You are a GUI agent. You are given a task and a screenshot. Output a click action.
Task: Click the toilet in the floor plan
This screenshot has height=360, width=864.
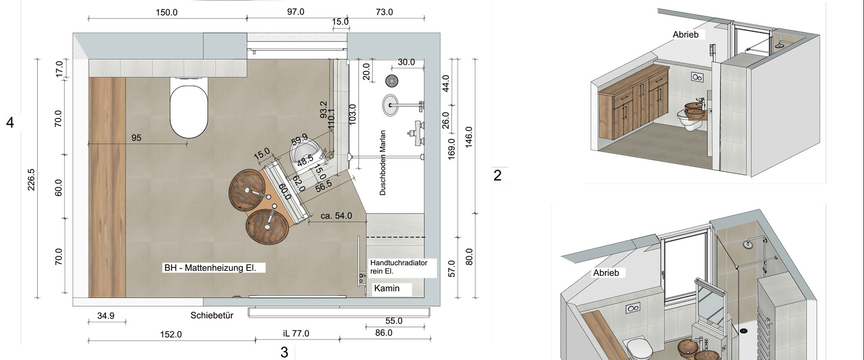(x=189, y=107)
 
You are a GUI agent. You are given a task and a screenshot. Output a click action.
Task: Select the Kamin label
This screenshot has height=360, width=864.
(x=387, y=288)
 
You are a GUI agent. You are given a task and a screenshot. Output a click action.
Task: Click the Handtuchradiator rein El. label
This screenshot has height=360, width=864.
(x=399, y=267)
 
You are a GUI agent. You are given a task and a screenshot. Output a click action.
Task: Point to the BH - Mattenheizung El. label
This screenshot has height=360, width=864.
(x=210, y=268)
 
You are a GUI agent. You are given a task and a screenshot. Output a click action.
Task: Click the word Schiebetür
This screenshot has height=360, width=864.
(x=212, y=315)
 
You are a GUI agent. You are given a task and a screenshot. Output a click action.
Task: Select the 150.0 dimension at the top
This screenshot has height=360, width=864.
(x=166, y=13)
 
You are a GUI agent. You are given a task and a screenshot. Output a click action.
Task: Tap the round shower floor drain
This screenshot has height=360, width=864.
(x=391, y=81)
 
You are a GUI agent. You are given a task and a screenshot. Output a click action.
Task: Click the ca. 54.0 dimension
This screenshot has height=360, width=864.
(x=337, y=216)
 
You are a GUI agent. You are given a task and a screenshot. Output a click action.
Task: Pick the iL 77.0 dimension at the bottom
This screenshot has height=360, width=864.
(x=296, y=333)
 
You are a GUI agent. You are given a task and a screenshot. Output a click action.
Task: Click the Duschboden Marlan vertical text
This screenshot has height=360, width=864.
(x=383, y=162)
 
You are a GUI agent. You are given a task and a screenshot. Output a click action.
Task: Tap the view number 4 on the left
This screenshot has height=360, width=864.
(x=10, y=123)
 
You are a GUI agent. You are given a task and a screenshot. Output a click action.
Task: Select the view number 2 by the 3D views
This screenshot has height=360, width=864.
(x=497, y=175)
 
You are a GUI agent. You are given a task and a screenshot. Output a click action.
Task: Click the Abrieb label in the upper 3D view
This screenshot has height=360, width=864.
(x=685, y=35)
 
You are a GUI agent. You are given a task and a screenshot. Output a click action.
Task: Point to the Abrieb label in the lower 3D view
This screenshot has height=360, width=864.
(x=606, y=273)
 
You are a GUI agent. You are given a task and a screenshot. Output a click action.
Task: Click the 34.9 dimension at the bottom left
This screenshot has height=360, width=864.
(x=106, y=316)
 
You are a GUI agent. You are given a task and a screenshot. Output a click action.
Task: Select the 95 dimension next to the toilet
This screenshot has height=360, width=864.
(x=136, y=138)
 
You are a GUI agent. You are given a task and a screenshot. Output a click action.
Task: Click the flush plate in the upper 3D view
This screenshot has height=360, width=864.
(x=697, y=77)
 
